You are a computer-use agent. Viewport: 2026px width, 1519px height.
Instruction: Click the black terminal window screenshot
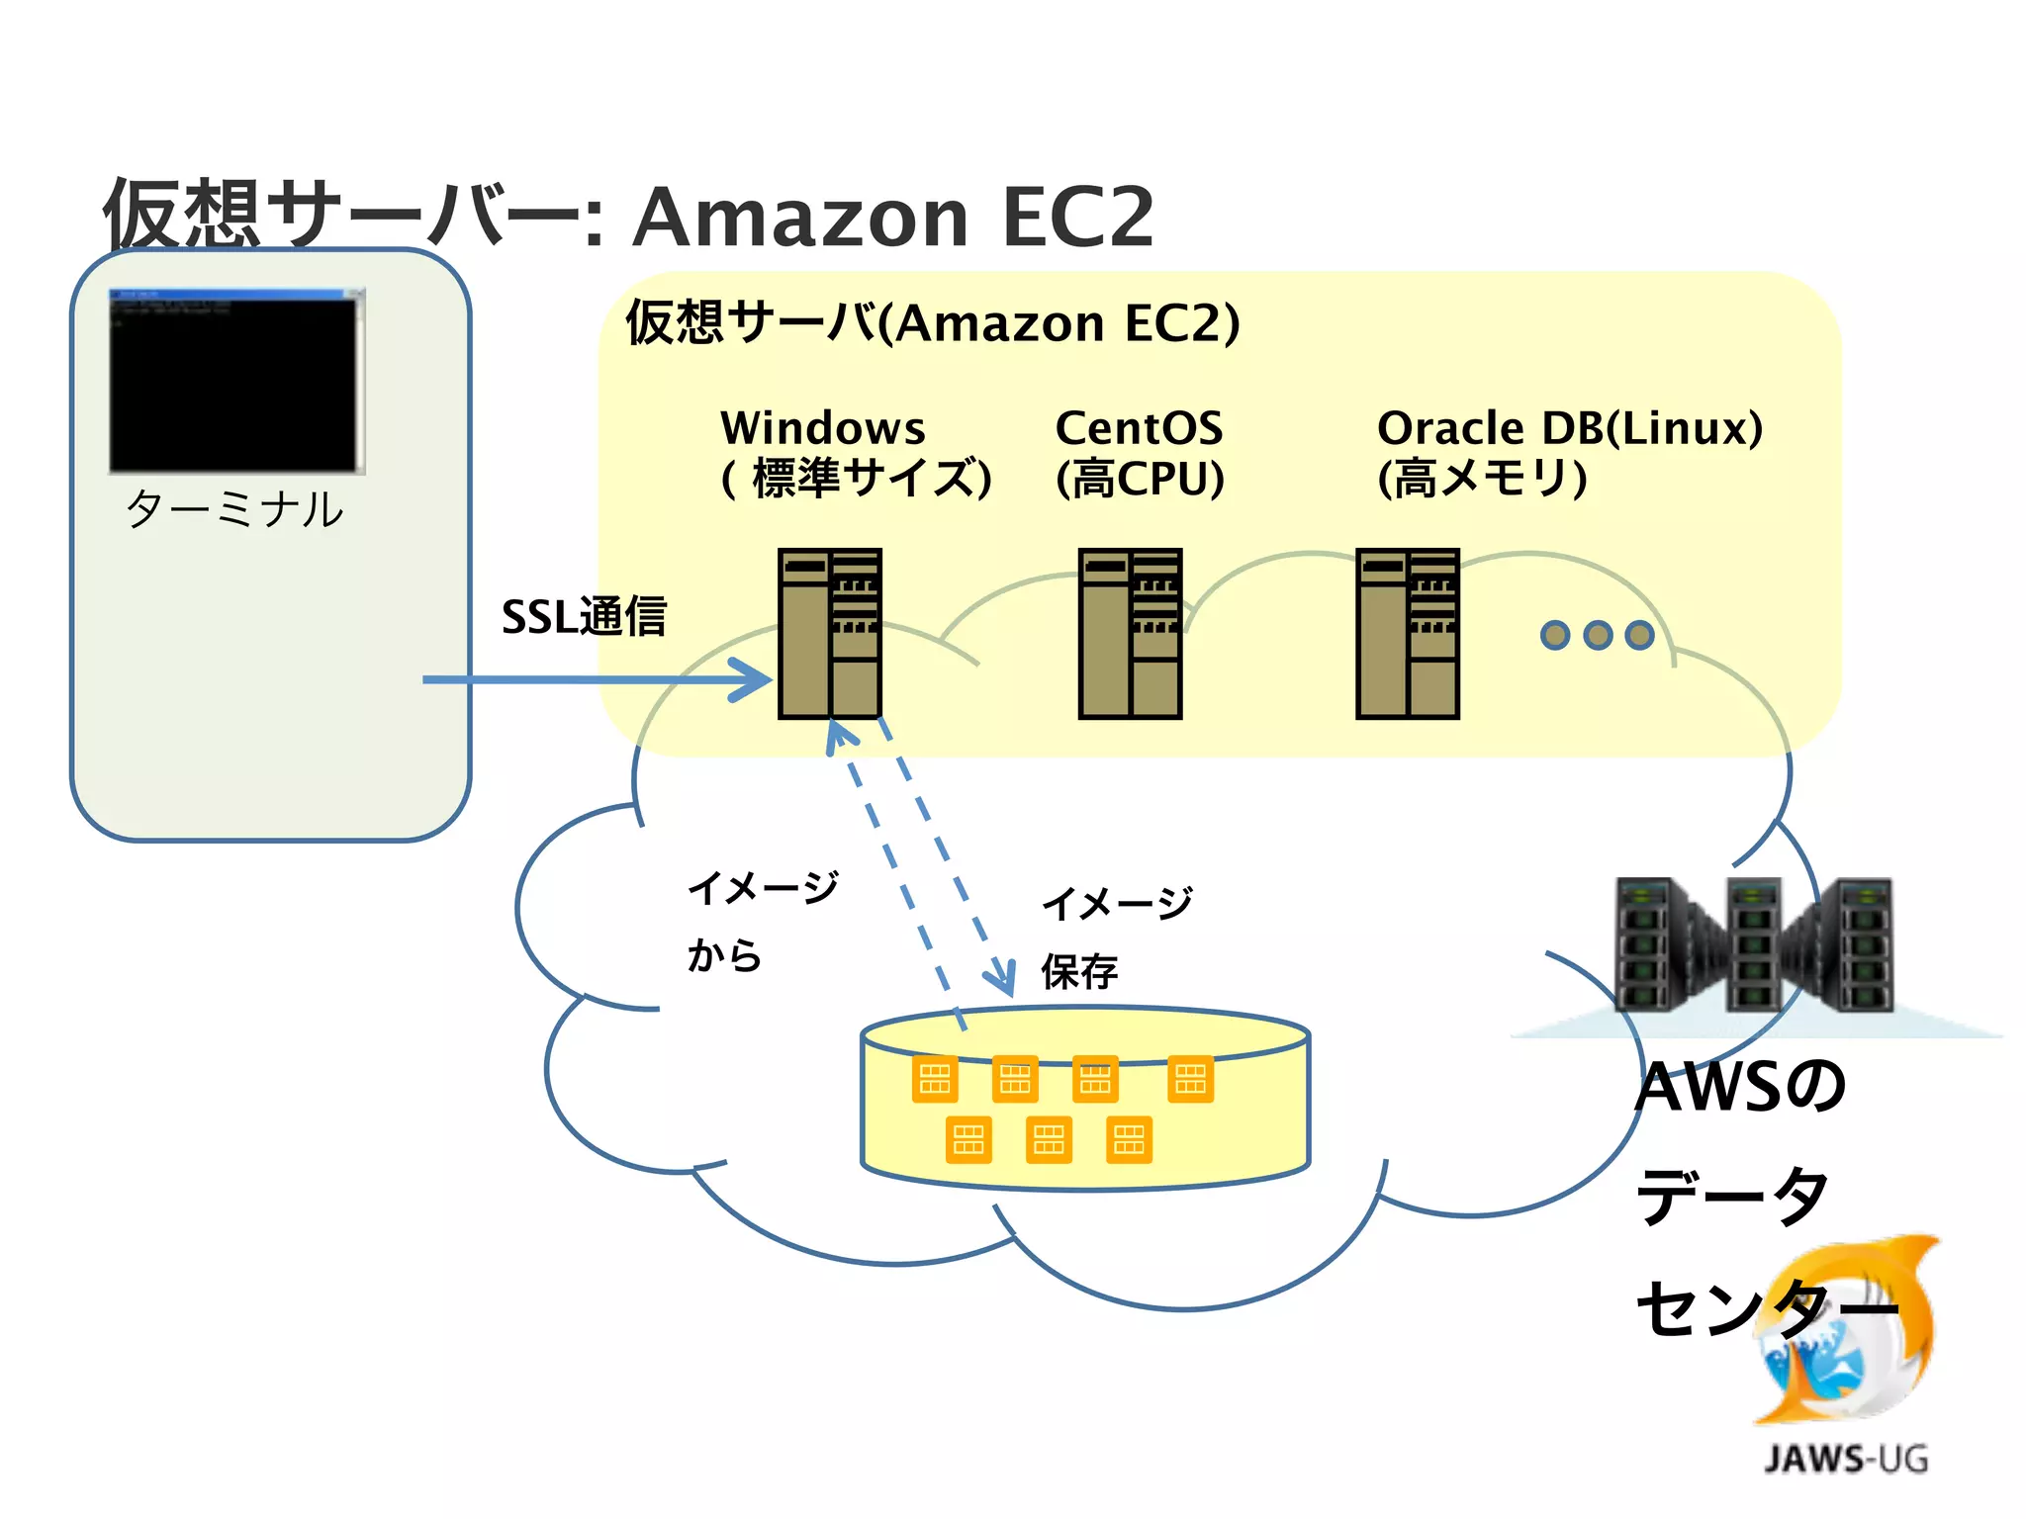click(x=236, y=382)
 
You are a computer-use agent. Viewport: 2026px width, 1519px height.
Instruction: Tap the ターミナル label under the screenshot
click(x=234, y=510)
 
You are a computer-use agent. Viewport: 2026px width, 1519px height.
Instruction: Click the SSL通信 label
click(x=584, y=617)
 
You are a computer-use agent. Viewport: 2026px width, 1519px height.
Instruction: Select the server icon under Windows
click(x=829, y=634)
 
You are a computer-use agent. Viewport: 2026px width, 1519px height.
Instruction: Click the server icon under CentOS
click(x=1130, y=634)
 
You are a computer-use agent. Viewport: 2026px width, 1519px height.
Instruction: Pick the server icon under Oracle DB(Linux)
click(x=1407, y=634)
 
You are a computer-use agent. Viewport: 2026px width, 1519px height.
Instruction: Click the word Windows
click(x=822, y=428)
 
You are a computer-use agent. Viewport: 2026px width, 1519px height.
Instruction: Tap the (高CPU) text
click(x=1140, y=480)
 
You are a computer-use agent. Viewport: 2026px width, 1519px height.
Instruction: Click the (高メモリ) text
click(x=1482, y=480)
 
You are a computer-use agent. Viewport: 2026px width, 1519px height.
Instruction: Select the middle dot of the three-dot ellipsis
click(x=1598, y=635)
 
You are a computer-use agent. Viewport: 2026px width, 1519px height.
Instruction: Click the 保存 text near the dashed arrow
click(x=1079, y=972)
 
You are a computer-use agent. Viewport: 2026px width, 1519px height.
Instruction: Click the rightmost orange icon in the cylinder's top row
click(x=1190, y=1079)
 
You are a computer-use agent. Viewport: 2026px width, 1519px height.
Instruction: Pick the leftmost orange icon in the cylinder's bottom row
click(x=968, y=1140)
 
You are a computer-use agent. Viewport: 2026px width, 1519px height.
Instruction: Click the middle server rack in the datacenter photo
click(x=1754, y=944)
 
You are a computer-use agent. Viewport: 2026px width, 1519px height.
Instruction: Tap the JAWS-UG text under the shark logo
click(x=1846, y=1460)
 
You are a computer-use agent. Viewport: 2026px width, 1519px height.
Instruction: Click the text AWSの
click(x=1739, y=1087)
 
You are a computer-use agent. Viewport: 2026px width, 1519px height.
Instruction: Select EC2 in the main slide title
click(x=1077, y=218)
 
